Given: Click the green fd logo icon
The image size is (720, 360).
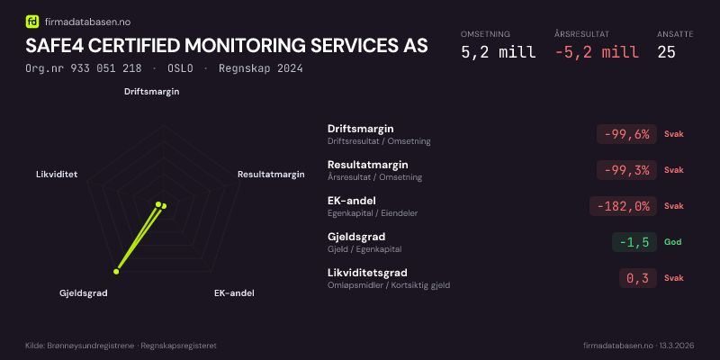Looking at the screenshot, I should tap(33, 22).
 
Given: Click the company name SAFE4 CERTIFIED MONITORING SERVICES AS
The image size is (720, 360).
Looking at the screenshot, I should tap(227, 45).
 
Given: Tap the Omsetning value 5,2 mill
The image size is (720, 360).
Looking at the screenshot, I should tap(498, 52).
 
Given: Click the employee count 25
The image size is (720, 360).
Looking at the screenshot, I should tap(666, 52).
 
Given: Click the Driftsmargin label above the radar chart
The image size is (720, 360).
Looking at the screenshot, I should tap(151, 91).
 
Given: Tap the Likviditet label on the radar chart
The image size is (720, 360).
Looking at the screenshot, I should tap(57, 174).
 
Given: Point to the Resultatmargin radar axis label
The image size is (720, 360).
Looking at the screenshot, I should tap(271, 174).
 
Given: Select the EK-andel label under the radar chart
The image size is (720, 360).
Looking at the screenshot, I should tap(234, 293).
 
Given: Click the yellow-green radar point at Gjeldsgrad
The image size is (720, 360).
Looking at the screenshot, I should tap(116, 271).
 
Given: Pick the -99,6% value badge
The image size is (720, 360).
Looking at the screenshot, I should tap(625, 134).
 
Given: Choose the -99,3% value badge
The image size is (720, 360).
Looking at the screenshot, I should tap(625, 170).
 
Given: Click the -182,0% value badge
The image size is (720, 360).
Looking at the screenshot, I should tap(622, 206).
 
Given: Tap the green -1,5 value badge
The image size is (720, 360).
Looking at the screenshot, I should tap(634, 242).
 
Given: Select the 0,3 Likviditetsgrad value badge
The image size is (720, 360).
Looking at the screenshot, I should tap(637, 278).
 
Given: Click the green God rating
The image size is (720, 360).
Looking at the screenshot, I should tap(672, 242).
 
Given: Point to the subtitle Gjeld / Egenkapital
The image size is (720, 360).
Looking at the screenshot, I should tap(364, 249).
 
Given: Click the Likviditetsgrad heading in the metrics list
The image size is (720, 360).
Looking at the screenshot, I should tap(367, 273).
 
